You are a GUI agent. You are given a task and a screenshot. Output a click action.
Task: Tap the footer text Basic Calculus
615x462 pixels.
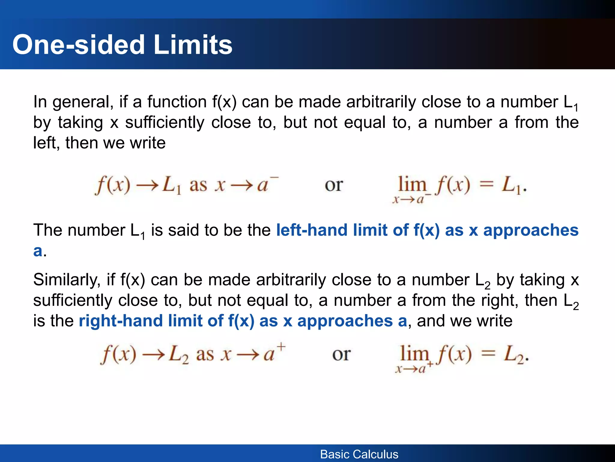point(359,454)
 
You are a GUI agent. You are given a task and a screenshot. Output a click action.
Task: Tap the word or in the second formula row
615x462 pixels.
point(341,354)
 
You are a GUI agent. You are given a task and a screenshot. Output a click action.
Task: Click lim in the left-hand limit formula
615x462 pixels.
point(412,184)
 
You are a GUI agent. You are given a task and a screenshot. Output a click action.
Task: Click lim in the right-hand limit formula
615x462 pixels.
point(414,353)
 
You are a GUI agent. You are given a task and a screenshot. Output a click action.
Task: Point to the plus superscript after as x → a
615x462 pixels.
point(281,347)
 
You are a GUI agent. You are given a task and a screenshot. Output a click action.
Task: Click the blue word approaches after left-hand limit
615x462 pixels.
point(531,230)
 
